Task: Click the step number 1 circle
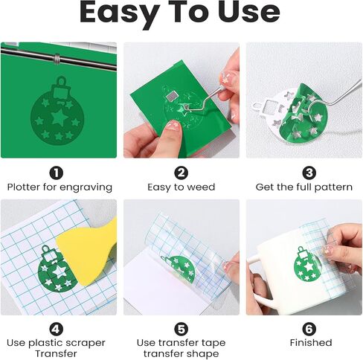click(x=57, y=173)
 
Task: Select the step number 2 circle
click(x=181, y=173)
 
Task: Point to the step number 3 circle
click(x=309, y=173)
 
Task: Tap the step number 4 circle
click(x=57, y=329)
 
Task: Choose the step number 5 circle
click(x=181, y=329)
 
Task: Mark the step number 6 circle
click(x=309, y=329)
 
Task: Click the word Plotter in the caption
click(x=24, y=187)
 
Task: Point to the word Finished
click(x=311, y=343)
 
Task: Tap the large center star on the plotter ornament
click(x=59, y=117)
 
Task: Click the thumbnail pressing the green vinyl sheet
click(x=173, y=125)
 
